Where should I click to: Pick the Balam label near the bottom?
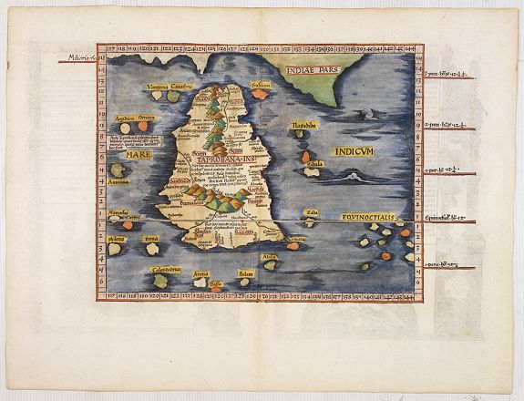245,273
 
